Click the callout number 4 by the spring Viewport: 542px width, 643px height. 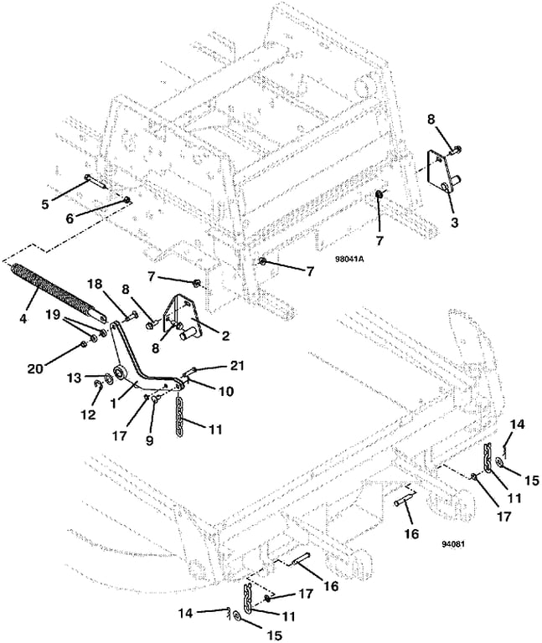[x=23, y=318]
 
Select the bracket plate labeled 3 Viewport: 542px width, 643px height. [x=442, y=173]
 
